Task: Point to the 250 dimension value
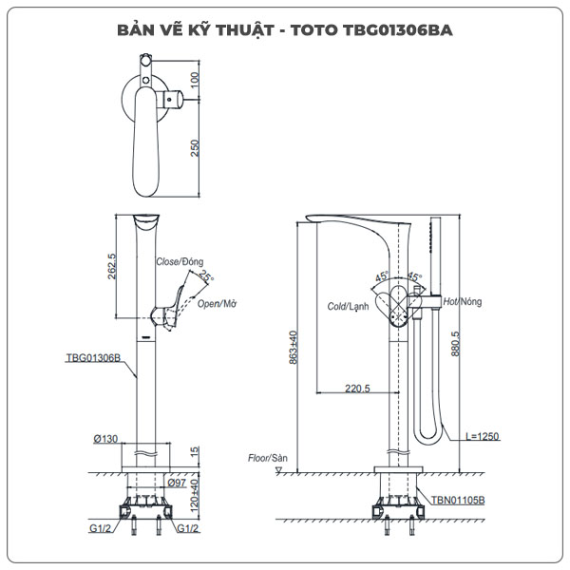(x=195, y=150)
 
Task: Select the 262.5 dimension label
(x=112, y=267)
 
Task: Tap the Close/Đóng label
(x=180, y=261)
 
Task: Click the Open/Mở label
(x=217, y=303)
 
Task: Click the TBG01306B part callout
(x=92, y=358)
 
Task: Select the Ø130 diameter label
(x=105, y=439)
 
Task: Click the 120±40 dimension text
(x=197, y=494)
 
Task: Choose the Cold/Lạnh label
(x=347, y=307)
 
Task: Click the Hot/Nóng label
(x=463, y=301)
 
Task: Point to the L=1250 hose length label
(x=483, y=437)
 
